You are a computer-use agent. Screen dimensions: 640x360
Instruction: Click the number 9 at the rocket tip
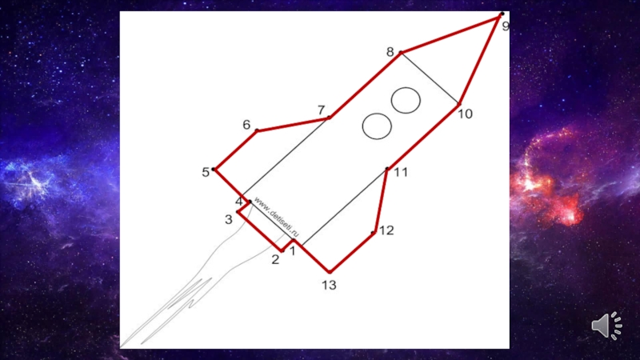[506, 26]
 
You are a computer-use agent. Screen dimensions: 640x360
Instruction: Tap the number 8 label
[390, 52]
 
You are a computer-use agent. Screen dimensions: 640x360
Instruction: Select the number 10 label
[465, 114]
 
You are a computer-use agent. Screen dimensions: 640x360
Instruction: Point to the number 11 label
[401, 172]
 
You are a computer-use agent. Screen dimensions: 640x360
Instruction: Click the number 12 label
[386, 230]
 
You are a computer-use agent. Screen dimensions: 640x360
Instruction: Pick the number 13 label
[329, 285]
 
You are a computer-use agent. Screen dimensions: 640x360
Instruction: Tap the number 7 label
[322, 110]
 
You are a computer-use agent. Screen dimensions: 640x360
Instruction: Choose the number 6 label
[246, 125]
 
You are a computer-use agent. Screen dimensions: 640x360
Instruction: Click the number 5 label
[206, 172]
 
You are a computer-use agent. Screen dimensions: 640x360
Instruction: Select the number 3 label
[229, 219]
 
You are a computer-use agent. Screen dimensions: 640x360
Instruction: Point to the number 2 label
[275, 259]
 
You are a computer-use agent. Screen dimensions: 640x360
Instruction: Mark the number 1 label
[292, 250]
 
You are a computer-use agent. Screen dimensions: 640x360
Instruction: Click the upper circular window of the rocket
[406, 100]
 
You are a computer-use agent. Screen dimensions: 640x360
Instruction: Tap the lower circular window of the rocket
[377, 126]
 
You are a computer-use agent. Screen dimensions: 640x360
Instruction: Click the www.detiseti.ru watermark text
[276, 217]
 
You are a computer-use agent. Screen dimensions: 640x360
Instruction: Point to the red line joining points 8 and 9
[450, 34]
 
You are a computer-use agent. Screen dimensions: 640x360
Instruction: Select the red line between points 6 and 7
[293, 125]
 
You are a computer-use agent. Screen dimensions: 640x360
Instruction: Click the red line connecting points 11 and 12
[381, 201]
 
